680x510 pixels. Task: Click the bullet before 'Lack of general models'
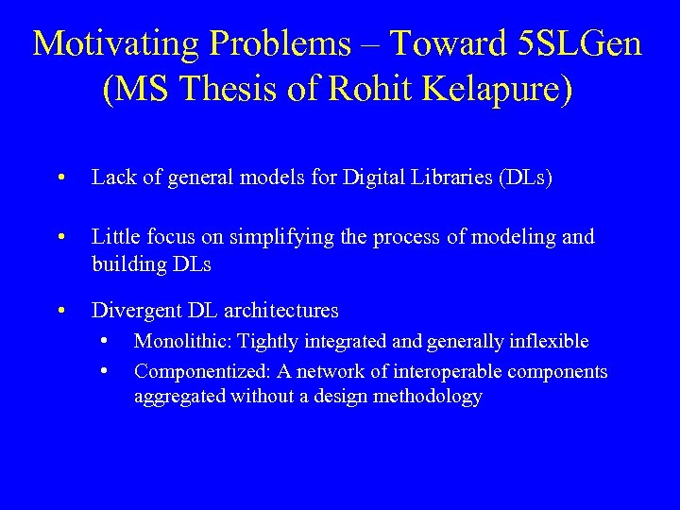tap(60, 178)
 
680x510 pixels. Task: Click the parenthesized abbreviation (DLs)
tap(522, 178)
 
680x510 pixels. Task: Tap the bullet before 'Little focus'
tap(60, 237)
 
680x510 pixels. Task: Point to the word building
tap(128, 264)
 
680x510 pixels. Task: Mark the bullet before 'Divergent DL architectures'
tap(60, 310)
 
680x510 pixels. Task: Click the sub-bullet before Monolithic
tap(111, 339)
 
